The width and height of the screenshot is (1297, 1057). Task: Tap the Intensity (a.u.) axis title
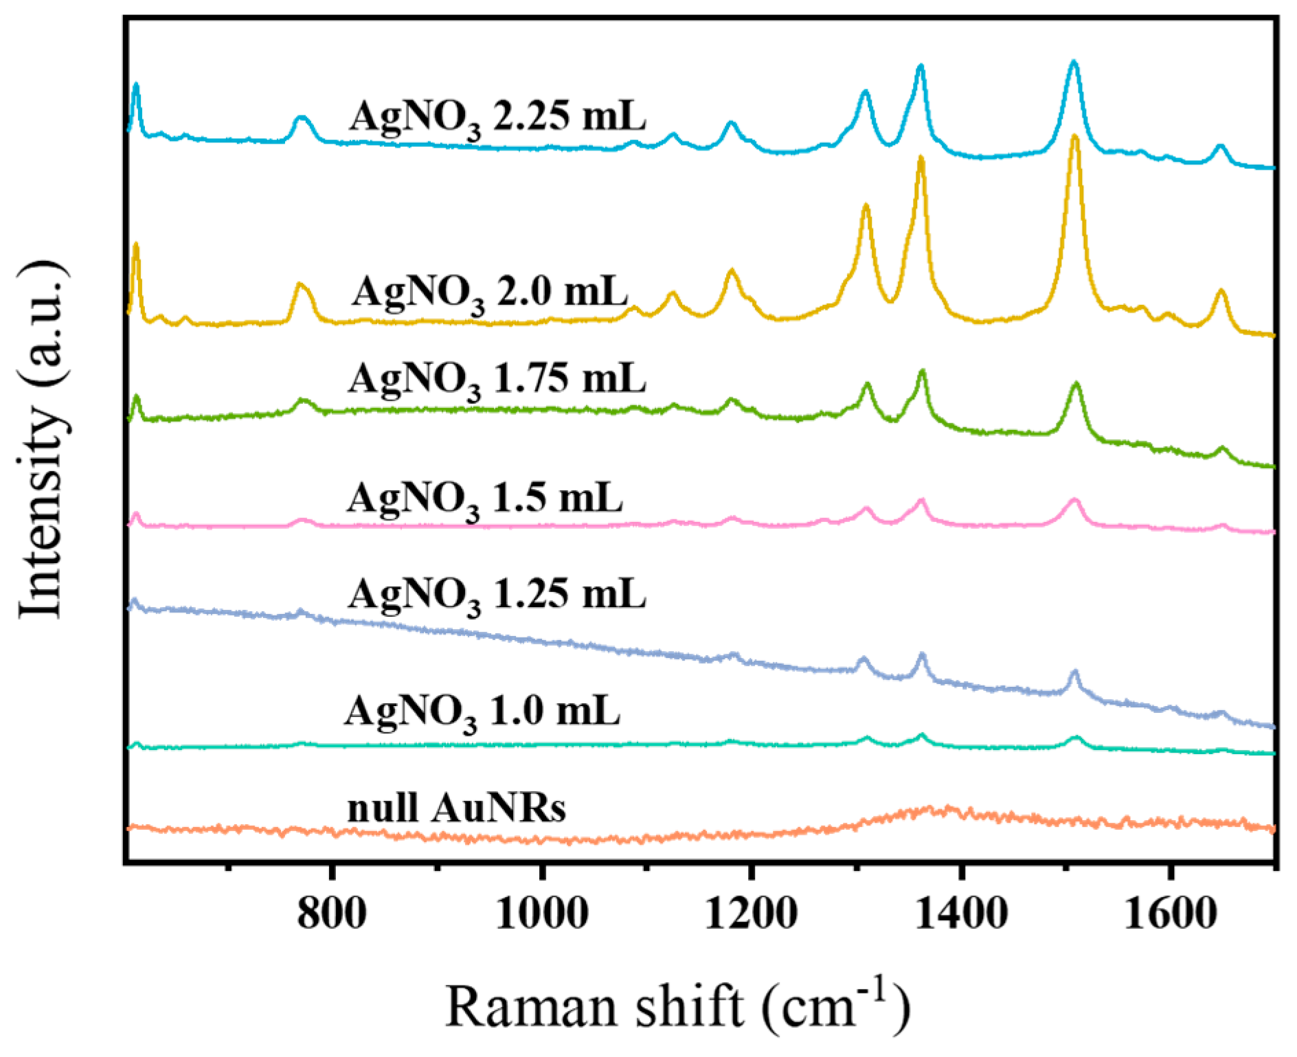(x=41, y=440)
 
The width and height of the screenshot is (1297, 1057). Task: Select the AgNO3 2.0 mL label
(x=490, y=293)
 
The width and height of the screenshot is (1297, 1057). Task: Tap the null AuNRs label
(x=456, y=808)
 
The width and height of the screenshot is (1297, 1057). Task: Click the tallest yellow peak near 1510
(x=1075, y=137)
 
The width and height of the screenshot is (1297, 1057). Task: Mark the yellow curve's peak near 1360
(x=921, y=158)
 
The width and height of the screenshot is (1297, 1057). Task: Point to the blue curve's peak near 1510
(x=1074, y=63)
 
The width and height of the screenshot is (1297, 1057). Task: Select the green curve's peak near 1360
(x=922, y=372)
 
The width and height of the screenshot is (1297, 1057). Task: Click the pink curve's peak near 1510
(x=1074, y=500)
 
